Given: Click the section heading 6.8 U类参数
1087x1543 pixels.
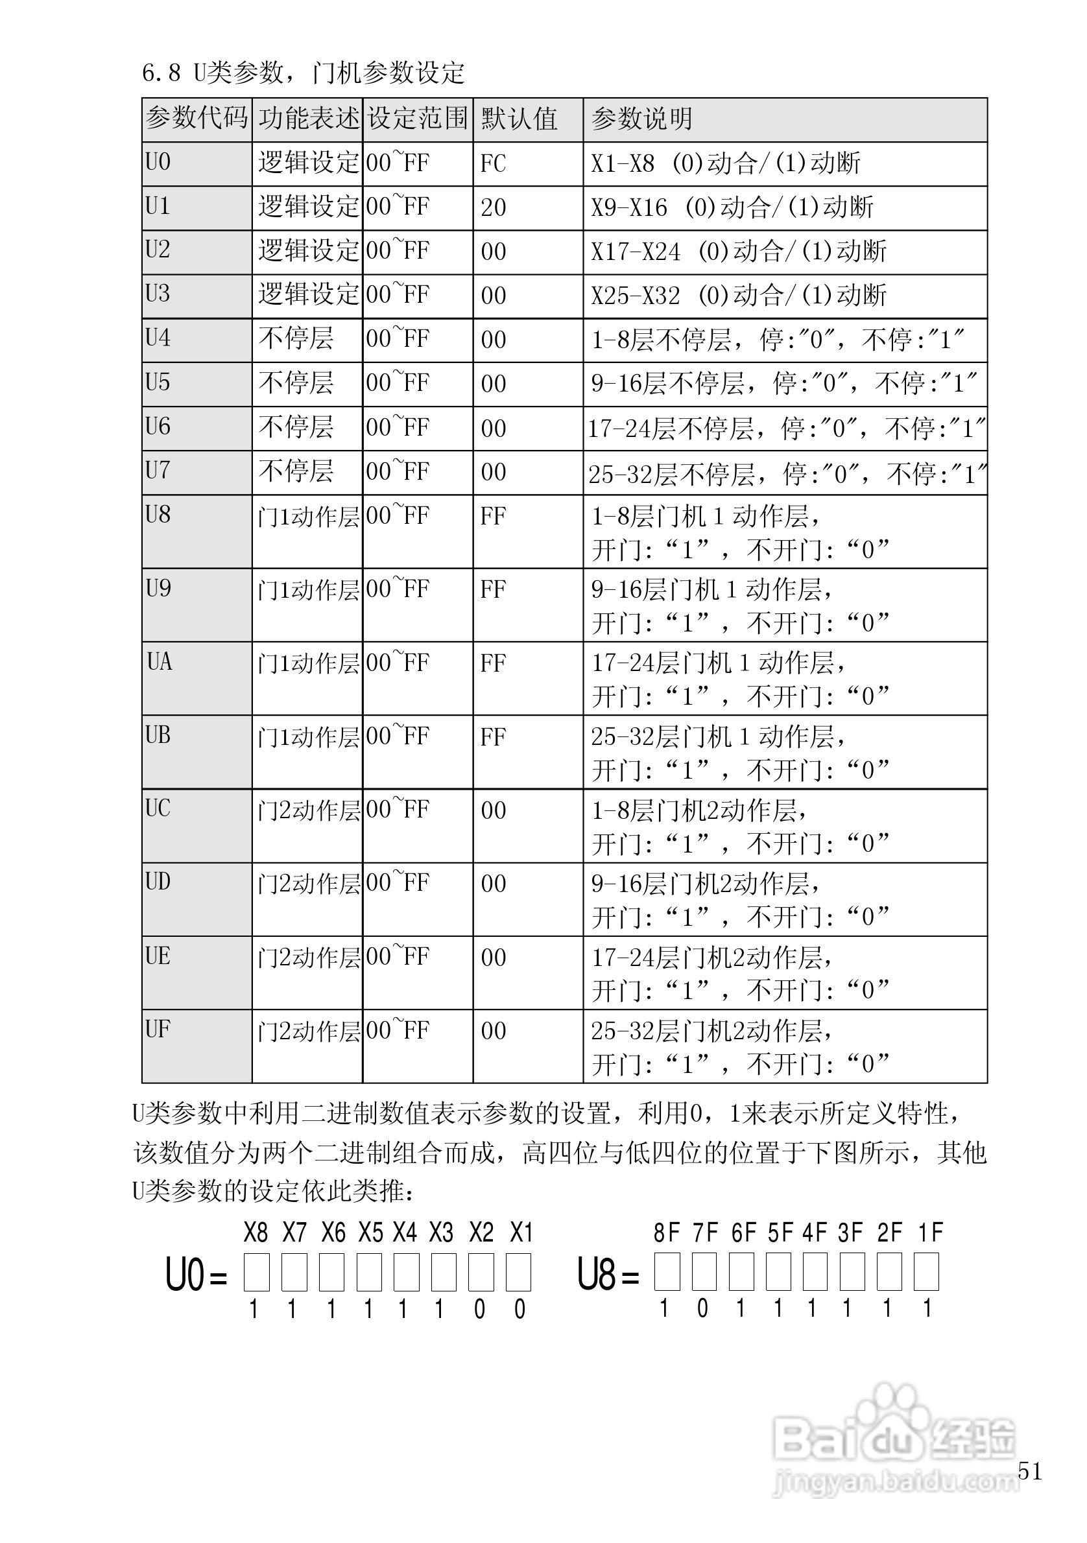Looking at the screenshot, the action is (x=302, y=73).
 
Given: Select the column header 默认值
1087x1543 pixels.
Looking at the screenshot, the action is (x=519, y=119).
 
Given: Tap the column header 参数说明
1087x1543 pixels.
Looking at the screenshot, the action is (x=641, y=119).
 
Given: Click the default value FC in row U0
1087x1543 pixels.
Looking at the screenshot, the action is (x=493, y=163).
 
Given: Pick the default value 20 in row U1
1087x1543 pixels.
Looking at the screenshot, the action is (x=493, y=207).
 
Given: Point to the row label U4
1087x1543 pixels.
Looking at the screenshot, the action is (x=158, y=338).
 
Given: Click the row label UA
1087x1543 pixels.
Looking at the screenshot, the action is (x=160, y=662).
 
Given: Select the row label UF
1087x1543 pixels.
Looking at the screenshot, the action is (x=158, y=1028).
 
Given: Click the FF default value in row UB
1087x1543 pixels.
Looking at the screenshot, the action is (x=493, y=736).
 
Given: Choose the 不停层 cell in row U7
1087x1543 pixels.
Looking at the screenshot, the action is (x=296, y=471).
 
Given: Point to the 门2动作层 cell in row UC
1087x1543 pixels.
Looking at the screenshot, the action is (x=309, y=810).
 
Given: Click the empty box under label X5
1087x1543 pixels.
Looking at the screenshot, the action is (x=370, y=1272).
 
